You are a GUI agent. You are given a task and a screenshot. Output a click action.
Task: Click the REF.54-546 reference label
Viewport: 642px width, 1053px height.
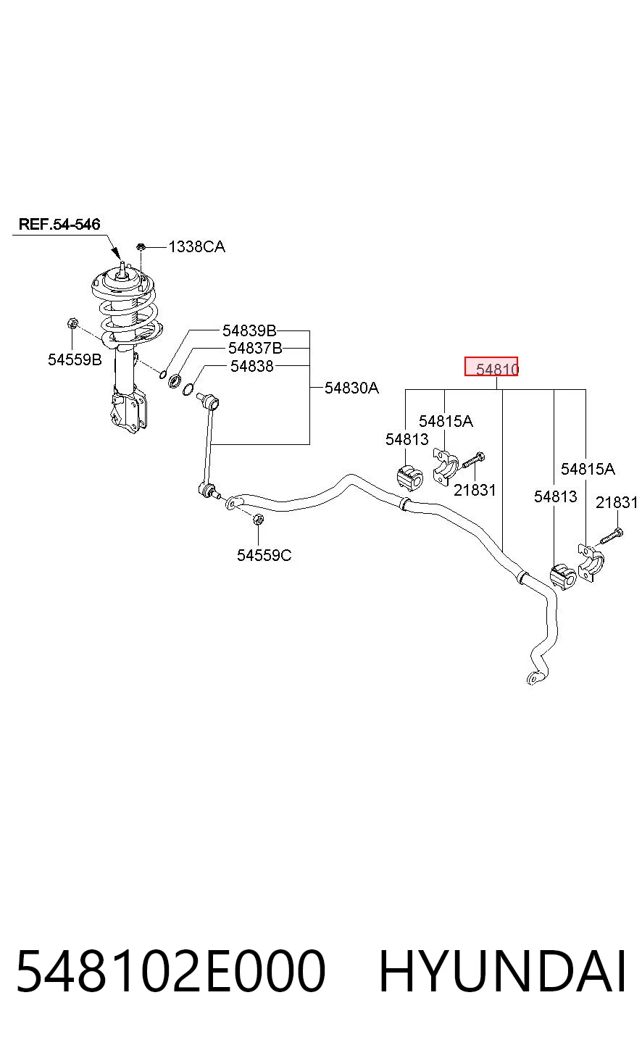tap(59, 224)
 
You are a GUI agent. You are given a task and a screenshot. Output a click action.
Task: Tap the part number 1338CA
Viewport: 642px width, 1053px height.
tap(197, 247)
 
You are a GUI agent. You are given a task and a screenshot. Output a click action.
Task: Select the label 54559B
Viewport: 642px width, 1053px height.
tap(75, 359)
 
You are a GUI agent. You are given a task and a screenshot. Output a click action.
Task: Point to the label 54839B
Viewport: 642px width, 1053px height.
tap(249, 331)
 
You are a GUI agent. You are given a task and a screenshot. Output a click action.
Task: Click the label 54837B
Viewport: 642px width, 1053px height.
tap(255, 349)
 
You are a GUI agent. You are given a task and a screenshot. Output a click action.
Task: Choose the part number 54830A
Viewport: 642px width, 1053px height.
tap(351, 388)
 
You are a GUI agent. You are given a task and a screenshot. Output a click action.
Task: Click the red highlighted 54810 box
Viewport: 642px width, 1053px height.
tap(491, 366)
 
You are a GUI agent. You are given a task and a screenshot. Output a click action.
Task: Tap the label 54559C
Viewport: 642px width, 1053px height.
tap(264, 556)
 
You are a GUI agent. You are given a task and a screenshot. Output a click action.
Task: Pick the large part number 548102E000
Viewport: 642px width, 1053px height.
tap(171, 971)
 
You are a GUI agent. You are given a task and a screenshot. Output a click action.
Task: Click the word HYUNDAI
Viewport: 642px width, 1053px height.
tap(503, 971)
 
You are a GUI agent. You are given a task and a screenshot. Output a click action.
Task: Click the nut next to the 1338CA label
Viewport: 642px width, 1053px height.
tap(141, 246)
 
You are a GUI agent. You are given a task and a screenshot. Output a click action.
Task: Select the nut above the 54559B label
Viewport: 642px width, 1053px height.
tap(72, 323)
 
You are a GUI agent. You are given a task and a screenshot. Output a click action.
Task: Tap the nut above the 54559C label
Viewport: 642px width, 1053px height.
tap(258, 520)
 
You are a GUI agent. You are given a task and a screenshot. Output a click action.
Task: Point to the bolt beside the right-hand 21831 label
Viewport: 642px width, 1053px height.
tap(612, 536)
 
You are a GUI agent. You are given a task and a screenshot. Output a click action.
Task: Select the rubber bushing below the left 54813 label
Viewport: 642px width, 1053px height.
tap(410, 477)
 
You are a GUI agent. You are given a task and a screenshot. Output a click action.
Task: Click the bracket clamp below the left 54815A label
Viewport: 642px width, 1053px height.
tap(446, 466)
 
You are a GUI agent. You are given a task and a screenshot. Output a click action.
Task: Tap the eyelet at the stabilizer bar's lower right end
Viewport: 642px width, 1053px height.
tap(533, 678)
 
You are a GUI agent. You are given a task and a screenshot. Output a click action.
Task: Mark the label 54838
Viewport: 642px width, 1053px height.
tap(252, 366)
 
